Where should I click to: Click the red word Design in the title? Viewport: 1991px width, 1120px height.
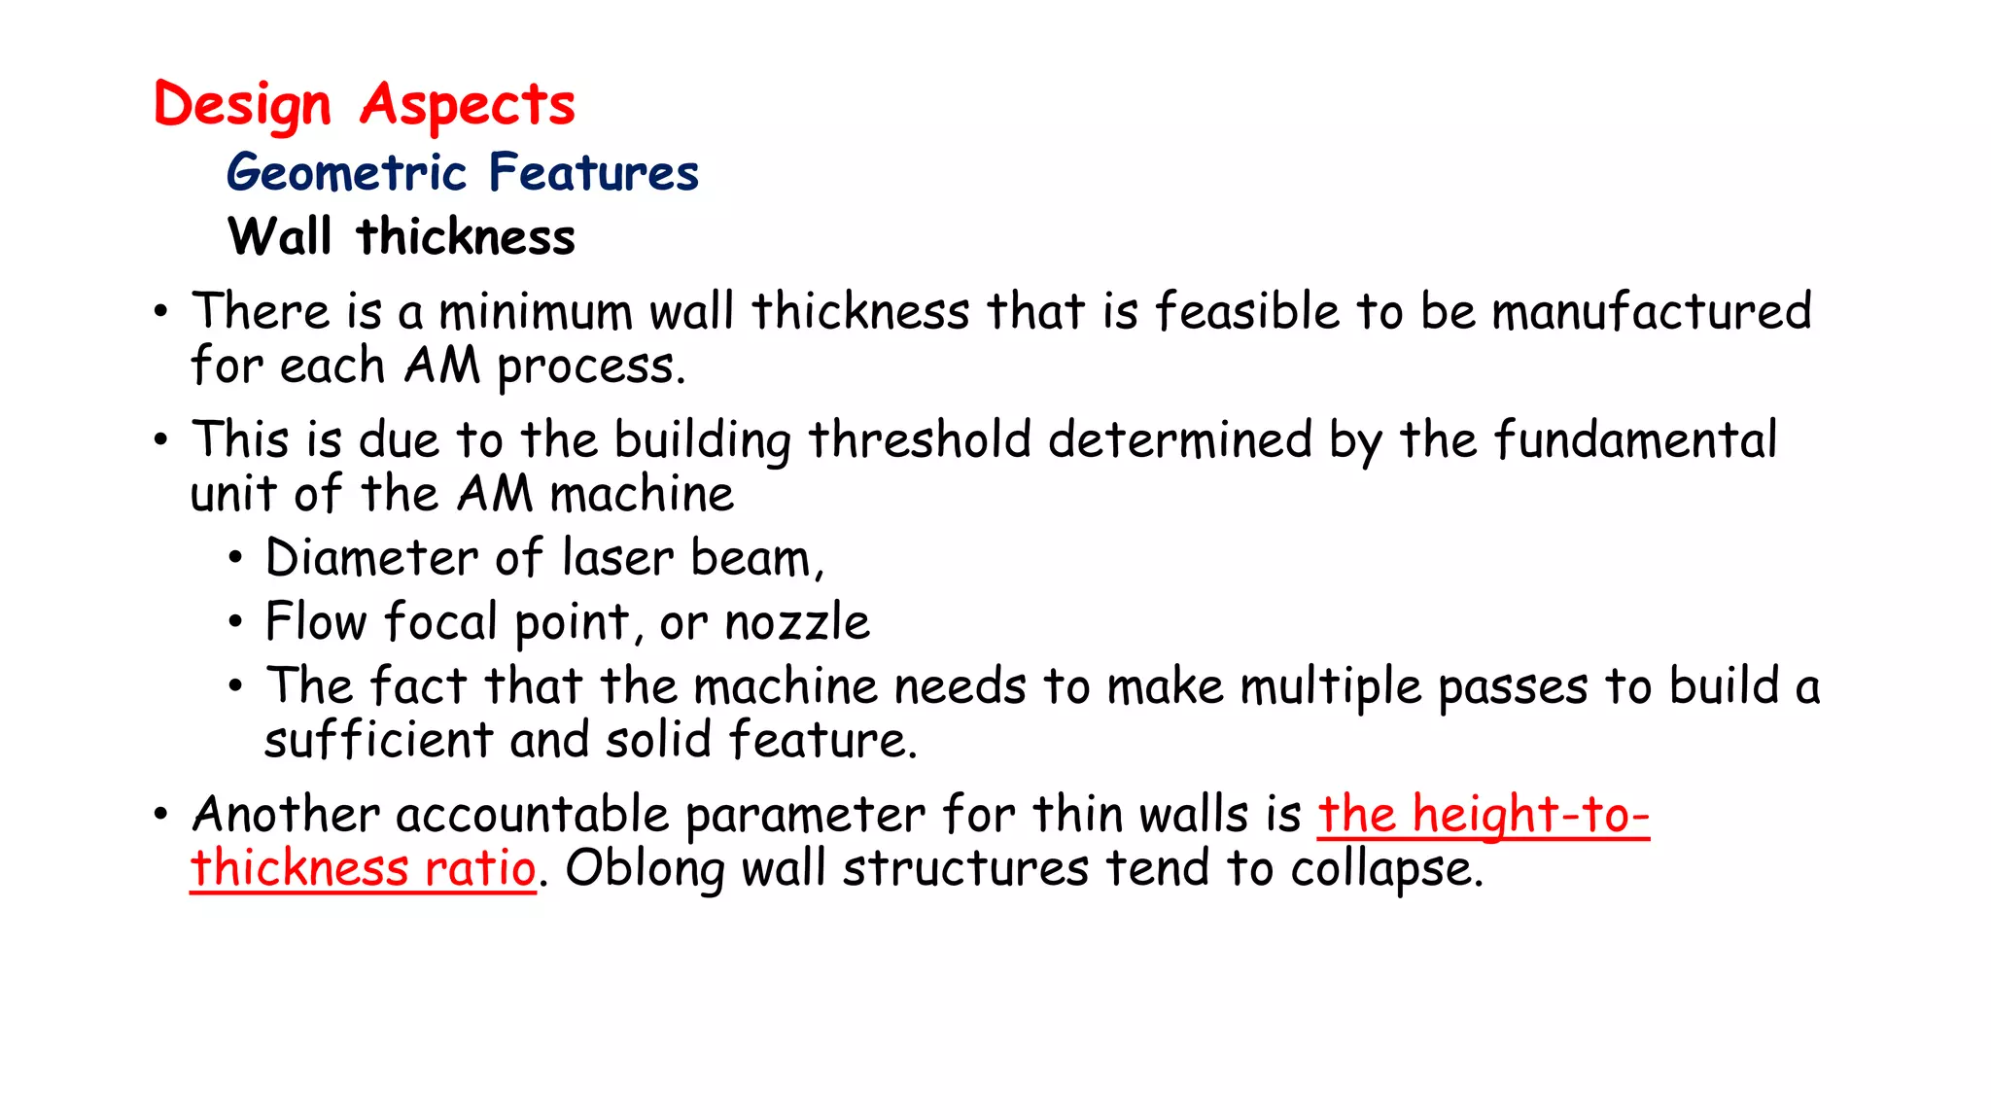click(242, 105)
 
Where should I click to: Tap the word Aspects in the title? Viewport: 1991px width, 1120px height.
click(468, 105)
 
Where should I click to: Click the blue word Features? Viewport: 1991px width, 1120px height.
click(594, 173)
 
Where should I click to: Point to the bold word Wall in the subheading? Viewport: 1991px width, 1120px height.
click(280, 237)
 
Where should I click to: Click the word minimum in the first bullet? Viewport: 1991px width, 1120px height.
click(536, 313)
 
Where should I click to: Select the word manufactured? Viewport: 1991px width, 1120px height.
click(1652, 313)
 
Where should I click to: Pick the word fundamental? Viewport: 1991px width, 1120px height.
click(1635, 440)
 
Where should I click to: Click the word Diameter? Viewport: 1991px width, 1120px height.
click(371, 559)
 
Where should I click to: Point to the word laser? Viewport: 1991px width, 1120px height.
click(617, 559)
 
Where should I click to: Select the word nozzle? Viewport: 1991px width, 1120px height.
click(797, 623)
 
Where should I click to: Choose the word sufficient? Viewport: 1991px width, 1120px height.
click(379, 741)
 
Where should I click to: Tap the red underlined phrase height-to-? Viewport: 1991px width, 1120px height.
click(1530, 815)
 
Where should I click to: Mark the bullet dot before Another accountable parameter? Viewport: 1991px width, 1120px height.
click(161, 815)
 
